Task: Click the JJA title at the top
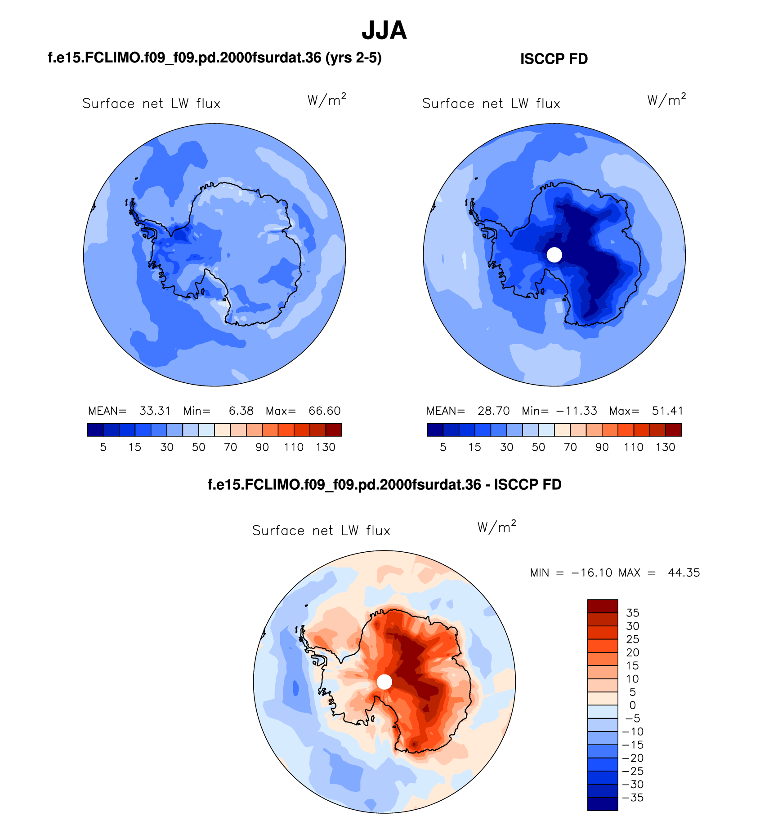384,31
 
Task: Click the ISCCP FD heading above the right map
554,59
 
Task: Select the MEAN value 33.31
155,411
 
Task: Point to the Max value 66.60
324,411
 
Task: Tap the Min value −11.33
577,411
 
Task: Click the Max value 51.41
667,411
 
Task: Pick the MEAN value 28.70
493,411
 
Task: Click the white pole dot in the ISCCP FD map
554,255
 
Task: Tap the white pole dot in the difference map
384,682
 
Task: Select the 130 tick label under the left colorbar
326,447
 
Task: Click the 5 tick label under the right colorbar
443,447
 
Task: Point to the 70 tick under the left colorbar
230,447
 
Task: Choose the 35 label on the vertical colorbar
633,613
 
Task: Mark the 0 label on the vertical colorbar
633,705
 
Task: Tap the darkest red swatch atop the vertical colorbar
603,606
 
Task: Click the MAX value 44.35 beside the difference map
684,572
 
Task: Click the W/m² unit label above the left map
327,100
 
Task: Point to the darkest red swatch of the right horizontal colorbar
674,430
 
